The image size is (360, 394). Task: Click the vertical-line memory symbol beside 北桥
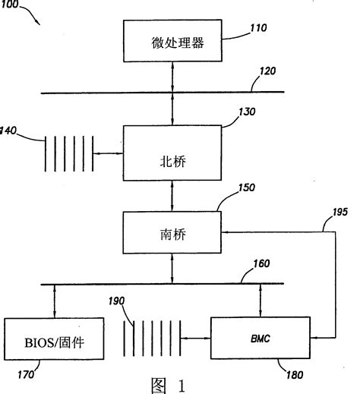[71, 155]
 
